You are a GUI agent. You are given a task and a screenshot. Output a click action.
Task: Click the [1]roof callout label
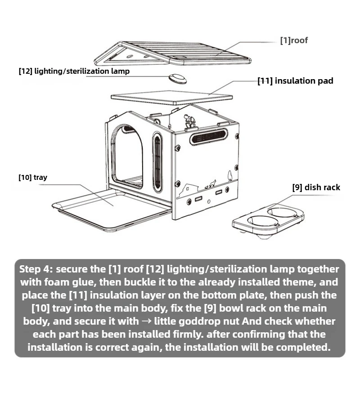pyautogui.click(x=294, y=41)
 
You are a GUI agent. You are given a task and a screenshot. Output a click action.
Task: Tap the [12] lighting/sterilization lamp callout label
pyautogui.click(x=74, y=71)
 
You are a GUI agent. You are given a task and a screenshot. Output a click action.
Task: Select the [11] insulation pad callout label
pyautogui.click(x=295, y=81)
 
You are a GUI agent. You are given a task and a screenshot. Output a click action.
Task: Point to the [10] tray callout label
pyautogui.click(x=32, y=177)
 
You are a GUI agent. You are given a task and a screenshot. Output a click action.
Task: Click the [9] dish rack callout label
pyautogui.click(x=316, y=187)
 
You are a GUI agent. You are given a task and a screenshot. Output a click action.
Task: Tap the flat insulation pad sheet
pyautogui.click(x=172, y=97)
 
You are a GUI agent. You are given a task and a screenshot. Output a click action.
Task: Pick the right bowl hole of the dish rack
pyautogui.click(x=282, y=211)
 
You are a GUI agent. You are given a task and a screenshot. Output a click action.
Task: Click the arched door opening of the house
pyautogui.click(x=127, y=156)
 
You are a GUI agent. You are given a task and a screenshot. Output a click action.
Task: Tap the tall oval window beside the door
pyautogui.click(x=157, y=162)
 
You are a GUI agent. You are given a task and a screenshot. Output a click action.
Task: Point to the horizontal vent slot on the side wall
pyautogui.click(x=208, y=136)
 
